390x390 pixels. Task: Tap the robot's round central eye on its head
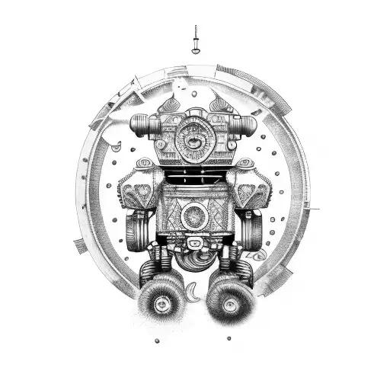(x=189, y=139)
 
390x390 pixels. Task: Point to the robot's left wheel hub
(x=162, y=304)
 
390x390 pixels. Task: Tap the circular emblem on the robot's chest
(x=195, y=216)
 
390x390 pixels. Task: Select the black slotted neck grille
(x=195, y=177)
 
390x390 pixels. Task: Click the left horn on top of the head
(x=172, y=105)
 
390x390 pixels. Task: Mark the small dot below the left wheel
(x=156, y=340)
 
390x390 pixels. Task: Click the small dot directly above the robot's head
(x=194, y=94)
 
